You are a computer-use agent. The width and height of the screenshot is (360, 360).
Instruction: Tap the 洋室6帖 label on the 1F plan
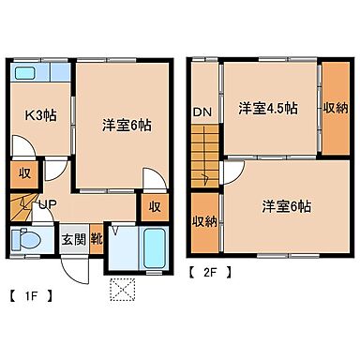[127, 125]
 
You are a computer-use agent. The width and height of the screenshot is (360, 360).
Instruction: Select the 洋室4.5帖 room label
[267, 107]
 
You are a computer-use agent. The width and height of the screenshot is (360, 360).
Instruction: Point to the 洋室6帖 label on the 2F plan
[286, 204]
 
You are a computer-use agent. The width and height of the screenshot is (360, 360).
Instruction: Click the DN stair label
[202, 112]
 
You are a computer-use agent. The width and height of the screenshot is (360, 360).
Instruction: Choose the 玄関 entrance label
[74, 237]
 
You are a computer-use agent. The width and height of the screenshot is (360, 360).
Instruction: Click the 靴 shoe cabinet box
[96, 237]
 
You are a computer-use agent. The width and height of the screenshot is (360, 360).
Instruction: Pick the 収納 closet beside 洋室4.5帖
[336, 107]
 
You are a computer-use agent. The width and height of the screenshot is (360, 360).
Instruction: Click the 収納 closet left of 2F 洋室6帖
[203, 221]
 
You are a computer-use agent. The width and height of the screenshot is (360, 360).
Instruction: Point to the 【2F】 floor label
[211, 274]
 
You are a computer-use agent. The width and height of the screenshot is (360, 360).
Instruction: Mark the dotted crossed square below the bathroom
[120, 290]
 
